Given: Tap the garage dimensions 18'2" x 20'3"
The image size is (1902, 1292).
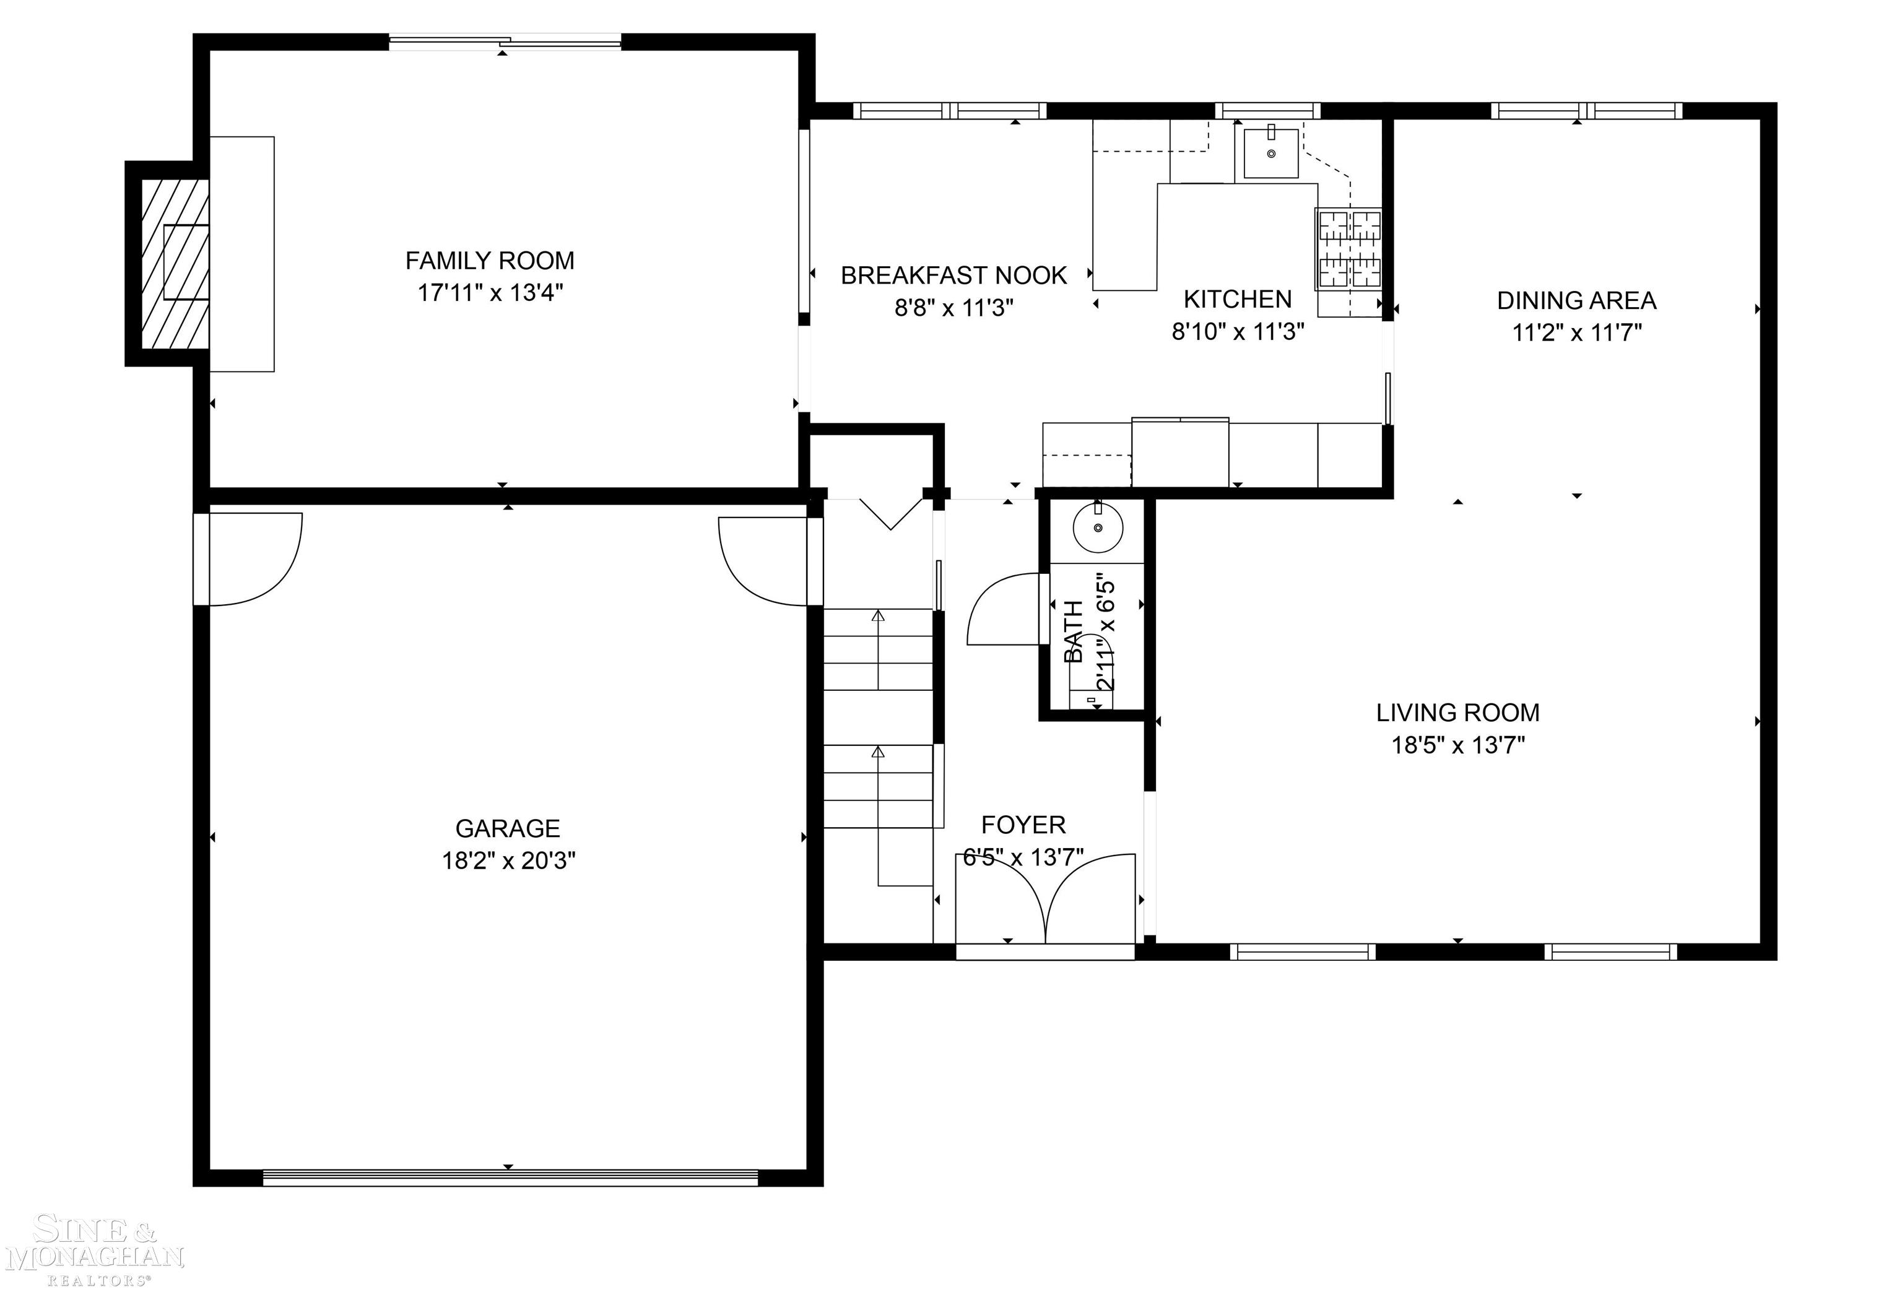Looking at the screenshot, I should pyautogui.click(x=508, y=861).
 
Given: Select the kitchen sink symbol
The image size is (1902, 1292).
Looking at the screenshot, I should pyautogui.click(x=1270, y=154).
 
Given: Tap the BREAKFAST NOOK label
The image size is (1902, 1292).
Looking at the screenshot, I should pyautogui.click(x=953, y=275).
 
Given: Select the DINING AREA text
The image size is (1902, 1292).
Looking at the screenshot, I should pyautogui.click(x=1576, y=301).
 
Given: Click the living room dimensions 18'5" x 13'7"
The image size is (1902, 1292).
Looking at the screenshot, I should pyautogui.click(x=1457, y=745).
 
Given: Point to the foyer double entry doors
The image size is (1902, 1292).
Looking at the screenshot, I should pyautogui.click(x=1045, y=901).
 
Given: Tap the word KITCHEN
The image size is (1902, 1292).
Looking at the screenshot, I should pyautogui.click(x=1238, y=300).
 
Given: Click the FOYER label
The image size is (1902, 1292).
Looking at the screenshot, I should pyautogui.click(x=1023, y=825).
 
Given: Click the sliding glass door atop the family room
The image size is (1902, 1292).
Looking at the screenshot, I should pyautogui.click(x=504, y=41).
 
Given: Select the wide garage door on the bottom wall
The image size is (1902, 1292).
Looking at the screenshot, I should pyautogui.click(x=510, y=1177).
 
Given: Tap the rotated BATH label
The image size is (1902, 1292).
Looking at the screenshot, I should pyautogui.click(x=1074, y=631).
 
